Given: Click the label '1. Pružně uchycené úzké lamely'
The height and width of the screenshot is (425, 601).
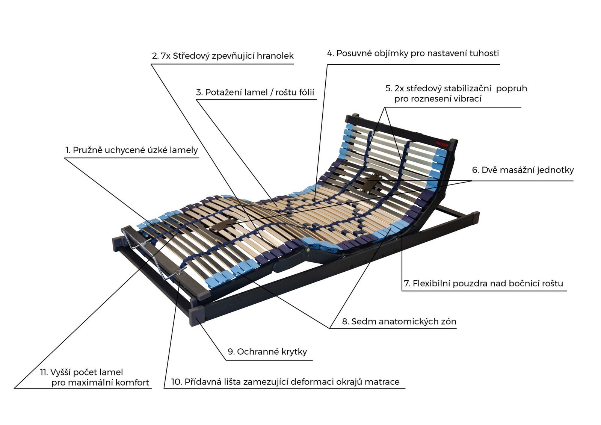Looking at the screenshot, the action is (x=132, y=150).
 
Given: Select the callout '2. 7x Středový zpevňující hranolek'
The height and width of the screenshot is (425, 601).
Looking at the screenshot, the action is (x=223, y=56).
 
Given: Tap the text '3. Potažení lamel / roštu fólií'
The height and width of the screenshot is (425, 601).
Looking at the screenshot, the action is (x=255, y=92).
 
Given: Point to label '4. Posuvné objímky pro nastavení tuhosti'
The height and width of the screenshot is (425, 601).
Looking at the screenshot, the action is (x=413, y=53).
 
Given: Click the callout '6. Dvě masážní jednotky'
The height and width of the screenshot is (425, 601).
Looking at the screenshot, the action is (x=523, y=170).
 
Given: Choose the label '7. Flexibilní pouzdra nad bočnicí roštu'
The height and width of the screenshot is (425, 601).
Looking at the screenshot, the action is (x=483, y=283).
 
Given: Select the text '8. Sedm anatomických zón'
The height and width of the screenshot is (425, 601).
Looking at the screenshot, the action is (x=399, y=321).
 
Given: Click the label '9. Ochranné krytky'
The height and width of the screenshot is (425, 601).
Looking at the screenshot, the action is (x=267, y=352).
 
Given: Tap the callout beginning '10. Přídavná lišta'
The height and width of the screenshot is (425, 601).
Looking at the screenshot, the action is (x=285, y=382).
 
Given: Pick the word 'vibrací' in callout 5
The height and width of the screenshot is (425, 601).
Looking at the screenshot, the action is (x=467, y=99).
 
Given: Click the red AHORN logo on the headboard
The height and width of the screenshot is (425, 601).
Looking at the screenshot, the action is (x=442, y=144).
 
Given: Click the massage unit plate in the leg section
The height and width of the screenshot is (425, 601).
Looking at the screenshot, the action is (x=223, y=225).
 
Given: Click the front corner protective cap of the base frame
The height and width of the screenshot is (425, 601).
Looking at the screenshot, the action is (x=197, y=317).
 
